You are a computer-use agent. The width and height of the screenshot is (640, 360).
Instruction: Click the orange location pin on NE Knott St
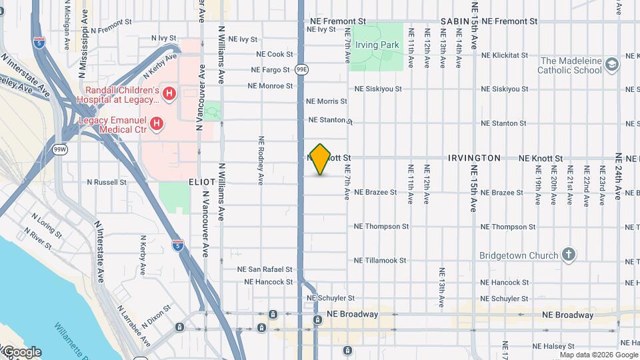click(x=321, y=159)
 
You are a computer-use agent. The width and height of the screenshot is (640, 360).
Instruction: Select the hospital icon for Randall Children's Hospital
click(x=169, y=94)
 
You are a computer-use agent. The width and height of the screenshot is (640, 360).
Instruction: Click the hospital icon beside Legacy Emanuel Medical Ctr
click(x=157, y=123)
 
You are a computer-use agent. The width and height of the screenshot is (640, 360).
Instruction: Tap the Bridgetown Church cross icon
click(x=568, y=255)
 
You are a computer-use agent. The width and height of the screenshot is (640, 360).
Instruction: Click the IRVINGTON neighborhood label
click(x=474, y=158)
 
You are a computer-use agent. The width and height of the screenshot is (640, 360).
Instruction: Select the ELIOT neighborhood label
click(x=202, y=181)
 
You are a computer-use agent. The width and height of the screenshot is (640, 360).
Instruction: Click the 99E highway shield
click(x=301, y=69)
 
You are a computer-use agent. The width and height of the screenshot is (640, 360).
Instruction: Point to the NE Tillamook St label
click(x=381, y=261)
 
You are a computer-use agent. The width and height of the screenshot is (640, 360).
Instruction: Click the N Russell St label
click(x=107, y=181)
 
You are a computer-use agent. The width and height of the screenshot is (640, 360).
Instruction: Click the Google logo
click(x=21, y=352)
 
